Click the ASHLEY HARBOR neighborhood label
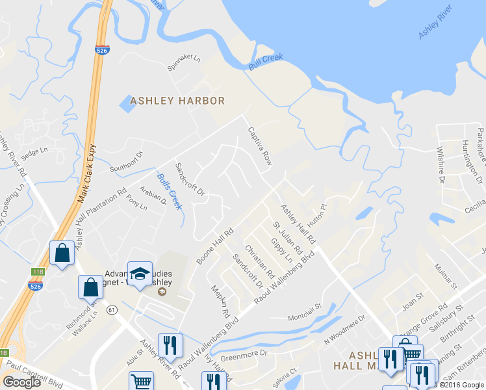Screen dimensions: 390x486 177,101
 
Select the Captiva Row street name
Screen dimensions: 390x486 258,146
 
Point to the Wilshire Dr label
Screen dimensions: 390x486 441,169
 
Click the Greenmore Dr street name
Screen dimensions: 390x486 244,354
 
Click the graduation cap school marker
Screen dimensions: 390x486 139,274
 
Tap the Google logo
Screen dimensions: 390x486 22,382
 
